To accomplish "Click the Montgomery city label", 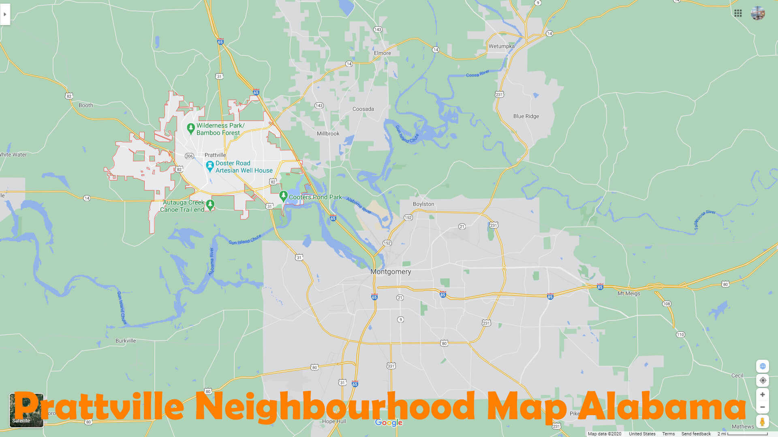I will coord(391,272).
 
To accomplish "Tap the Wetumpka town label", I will coord(501,46).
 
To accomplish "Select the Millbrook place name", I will coord(328,134).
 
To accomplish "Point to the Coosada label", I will coord(363,109).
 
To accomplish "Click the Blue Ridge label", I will coord(526,116).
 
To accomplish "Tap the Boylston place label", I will coord(423,204).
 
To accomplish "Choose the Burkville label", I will coord(126,341).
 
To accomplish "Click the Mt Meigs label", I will coord(628,293).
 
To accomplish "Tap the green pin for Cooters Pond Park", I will coord(284,196).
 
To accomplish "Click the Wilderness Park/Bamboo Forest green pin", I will coord(191,128).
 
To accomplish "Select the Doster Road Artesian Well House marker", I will coord(210,166).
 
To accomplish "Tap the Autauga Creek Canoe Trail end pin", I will coord(210,204).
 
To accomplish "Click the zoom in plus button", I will coord(762,395).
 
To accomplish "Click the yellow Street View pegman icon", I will coord(762,422).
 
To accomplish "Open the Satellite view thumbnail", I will coord(26,410).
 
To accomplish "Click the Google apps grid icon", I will coord(738,13).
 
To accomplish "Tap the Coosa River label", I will coord(477,74).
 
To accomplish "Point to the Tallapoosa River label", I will coord(705,220).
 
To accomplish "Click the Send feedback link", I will coord(696,434).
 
